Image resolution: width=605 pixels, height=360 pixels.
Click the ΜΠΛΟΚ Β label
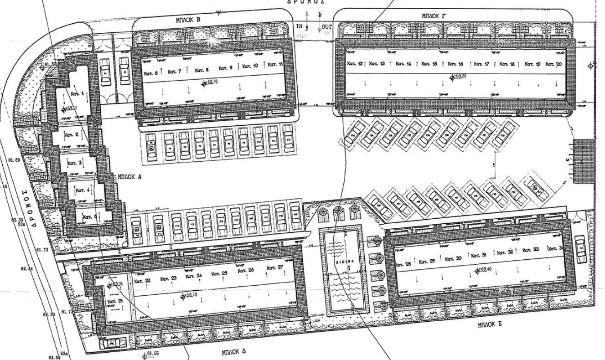click(x=189, y=20)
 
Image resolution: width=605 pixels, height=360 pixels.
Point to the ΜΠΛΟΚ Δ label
click(x=234, y=352)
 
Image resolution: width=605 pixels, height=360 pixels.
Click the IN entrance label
click(x=299, y=26)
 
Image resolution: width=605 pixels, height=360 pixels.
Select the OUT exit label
click(x=327, y=26)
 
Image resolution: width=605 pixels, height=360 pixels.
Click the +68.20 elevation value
click(x=458, y=77)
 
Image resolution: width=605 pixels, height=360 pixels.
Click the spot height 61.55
click(x=152, y=353)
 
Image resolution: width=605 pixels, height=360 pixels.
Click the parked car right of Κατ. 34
click(x=581, y=249)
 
